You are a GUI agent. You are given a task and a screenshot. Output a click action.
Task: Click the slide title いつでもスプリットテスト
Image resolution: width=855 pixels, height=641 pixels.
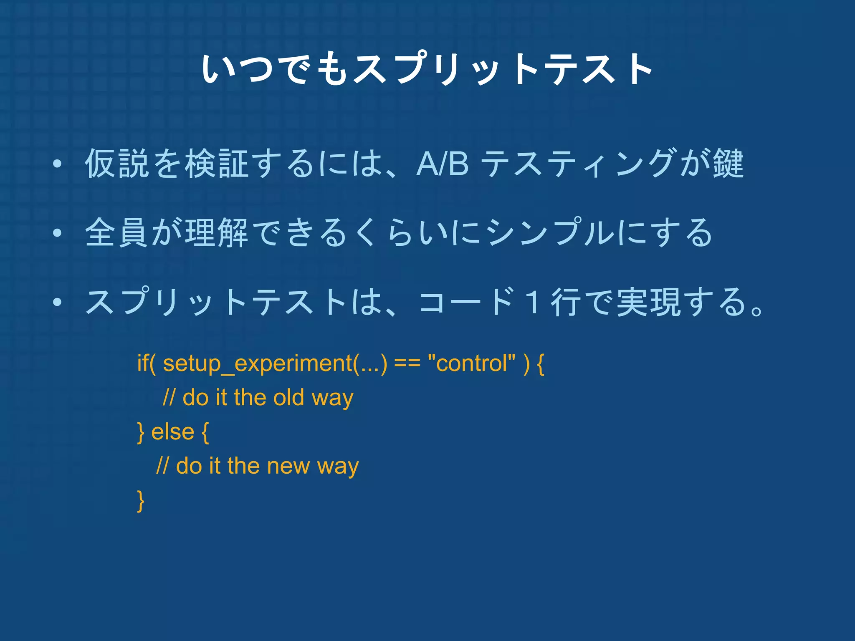click(427, 69)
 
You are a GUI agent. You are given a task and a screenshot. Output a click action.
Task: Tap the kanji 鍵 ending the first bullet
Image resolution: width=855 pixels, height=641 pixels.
click(728, 164)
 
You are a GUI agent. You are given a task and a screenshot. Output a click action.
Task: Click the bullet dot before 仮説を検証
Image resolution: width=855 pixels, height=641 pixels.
click(58, 164)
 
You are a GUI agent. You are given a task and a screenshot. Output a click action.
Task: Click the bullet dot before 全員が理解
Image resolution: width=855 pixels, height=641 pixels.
click(58, 233)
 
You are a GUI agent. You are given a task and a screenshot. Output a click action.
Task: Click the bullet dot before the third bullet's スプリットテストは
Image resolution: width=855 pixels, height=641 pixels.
click(58, 302)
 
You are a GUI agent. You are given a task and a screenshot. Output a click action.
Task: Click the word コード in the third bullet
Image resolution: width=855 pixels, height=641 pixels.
click(465, 302)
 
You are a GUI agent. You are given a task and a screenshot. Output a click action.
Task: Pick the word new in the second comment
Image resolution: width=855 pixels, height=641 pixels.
click(288, 466)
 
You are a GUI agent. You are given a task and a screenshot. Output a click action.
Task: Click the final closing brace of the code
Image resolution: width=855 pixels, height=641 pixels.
click(141, 500)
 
